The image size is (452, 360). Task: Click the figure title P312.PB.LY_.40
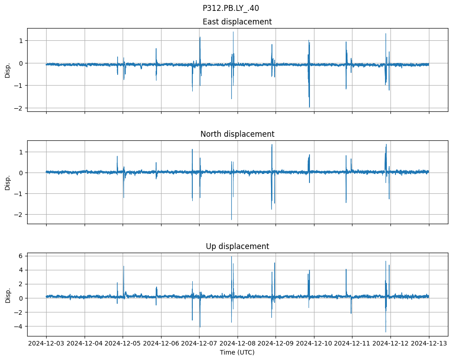[231, 8]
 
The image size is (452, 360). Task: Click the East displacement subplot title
[237, 22]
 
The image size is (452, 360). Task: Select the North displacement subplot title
[237, 134]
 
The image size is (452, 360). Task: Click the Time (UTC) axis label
[237, 352]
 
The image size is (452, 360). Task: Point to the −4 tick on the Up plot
[19, 326]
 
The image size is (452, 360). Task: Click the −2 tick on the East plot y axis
[19, 108]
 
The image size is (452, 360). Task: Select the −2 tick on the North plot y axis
[19, 214]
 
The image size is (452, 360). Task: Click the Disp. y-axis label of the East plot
[8, 70]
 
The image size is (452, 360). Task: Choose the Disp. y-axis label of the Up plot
[8, 294]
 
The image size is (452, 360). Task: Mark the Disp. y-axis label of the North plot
[8, 182]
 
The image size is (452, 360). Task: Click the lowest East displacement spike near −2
[309, 107]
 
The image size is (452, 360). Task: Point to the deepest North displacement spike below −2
[231, 220]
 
